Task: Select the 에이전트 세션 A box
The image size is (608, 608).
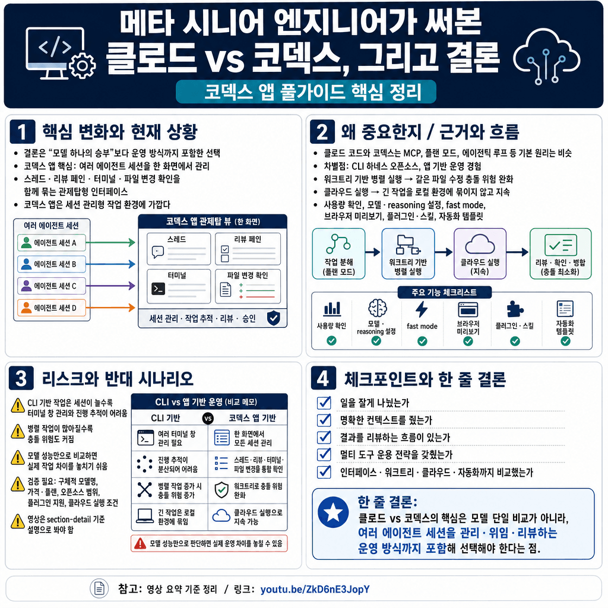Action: click(52, 242)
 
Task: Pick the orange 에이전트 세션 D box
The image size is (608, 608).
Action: click(52, 308)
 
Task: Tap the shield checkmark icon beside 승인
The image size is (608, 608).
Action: click(273, 318)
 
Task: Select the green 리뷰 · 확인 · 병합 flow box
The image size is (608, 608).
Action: click(560, 253)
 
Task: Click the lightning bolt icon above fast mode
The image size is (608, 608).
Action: click(422, 309)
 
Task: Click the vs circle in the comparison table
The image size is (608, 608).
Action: click(208, 418)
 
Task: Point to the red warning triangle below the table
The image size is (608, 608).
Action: click(140, 543)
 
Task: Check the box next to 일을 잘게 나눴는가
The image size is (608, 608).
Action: click(324, 403)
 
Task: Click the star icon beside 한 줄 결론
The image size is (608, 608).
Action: click(334, 512)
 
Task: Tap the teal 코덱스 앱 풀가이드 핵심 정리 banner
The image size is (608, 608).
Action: click(306, 93)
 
